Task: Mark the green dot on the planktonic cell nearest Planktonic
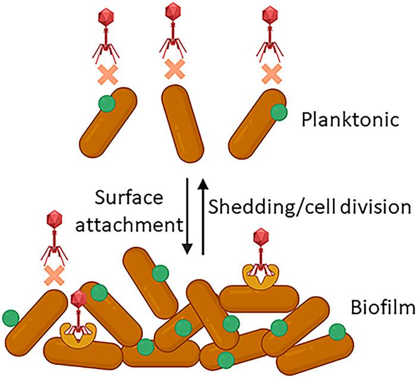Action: pyautogui.click(x=277, y=112)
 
